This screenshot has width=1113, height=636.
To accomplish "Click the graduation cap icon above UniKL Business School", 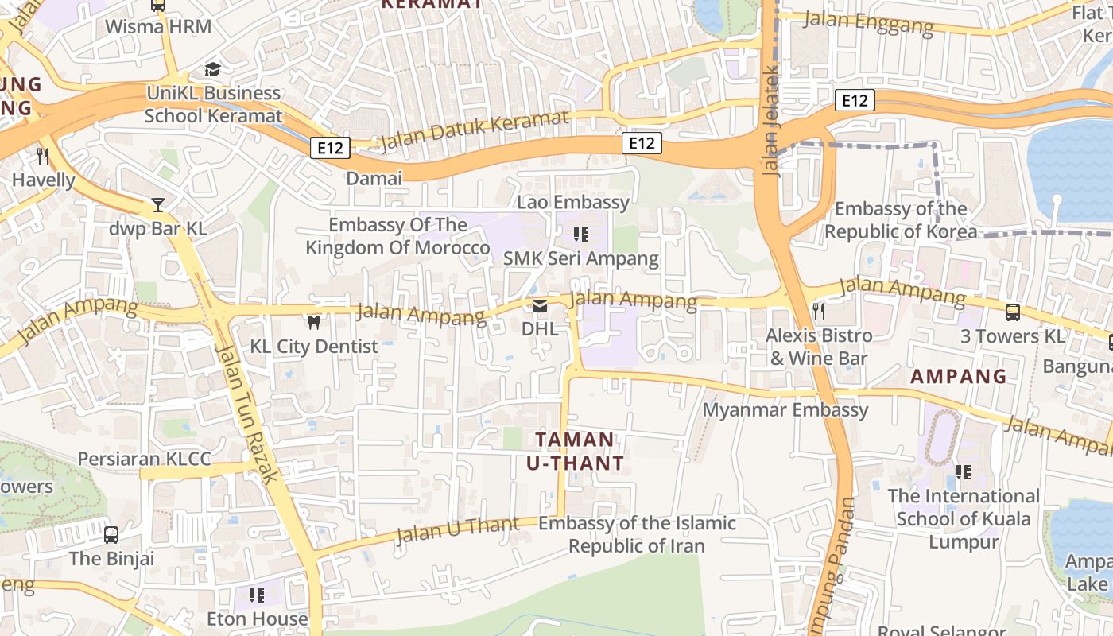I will click(212, 70).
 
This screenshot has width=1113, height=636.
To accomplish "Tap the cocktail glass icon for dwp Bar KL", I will click(158, 205).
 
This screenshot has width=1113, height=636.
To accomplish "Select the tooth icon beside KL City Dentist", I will click(314, 323).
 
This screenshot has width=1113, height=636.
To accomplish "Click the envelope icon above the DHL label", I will click(540, 305).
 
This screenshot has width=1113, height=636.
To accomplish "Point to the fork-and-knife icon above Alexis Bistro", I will click(818, 311).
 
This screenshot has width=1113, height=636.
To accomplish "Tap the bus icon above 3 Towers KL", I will click(1012, 312).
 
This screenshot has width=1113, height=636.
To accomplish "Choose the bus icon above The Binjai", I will click(111, 534).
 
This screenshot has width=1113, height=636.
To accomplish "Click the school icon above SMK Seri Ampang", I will click(581, 235).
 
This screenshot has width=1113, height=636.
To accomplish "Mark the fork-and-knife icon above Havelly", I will click(43, 157).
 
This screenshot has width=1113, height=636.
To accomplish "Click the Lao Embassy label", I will click(572, 202).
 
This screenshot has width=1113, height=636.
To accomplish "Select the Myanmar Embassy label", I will click(785, 409).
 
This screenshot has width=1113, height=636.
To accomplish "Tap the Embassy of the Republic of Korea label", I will click(900, 220).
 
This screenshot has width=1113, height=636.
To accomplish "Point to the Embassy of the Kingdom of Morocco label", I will click(397, 236).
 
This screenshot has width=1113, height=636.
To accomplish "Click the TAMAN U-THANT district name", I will click(575, 451).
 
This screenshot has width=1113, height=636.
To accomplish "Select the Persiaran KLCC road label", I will click(144, 459).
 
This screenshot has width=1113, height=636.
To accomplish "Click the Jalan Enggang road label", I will click(868, 21).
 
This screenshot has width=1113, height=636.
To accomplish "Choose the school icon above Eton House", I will click(256, 595).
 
